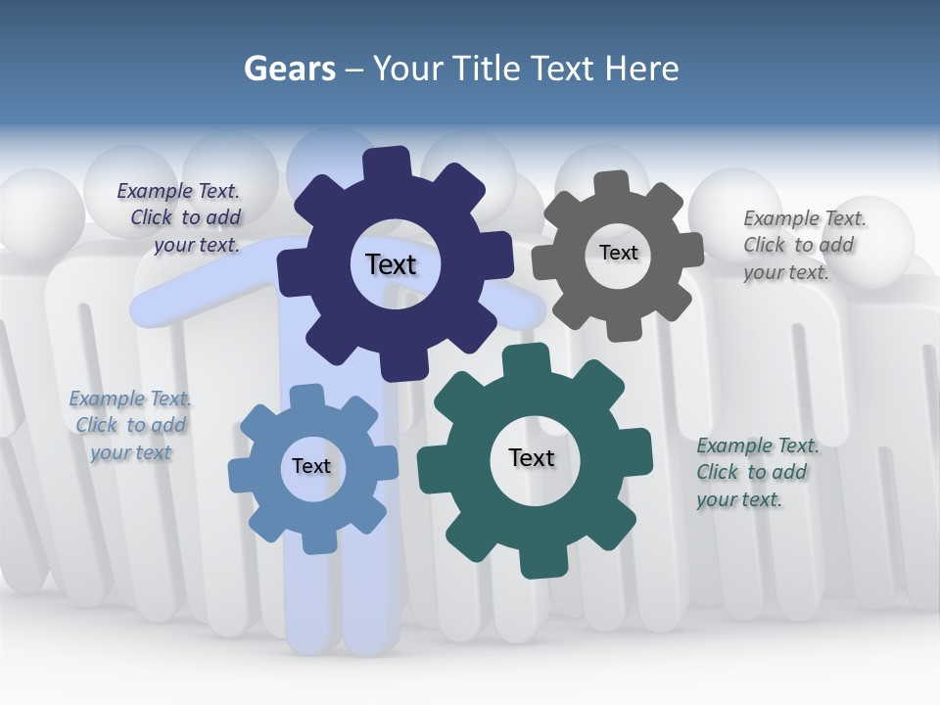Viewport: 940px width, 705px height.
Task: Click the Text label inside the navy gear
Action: [391, 264]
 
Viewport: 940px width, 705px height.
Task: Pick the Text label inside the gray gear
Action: [618, 253]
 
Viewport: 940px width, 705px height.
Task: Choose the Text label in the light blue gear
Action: [310, 466]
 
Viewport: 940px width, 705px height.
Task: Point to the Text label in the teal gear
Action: [531, 457]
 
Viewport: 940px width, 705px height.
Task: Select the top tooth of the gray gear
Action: [612, 183]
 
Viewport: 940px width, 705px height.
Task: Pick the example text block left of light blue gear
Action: [130, 425]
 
